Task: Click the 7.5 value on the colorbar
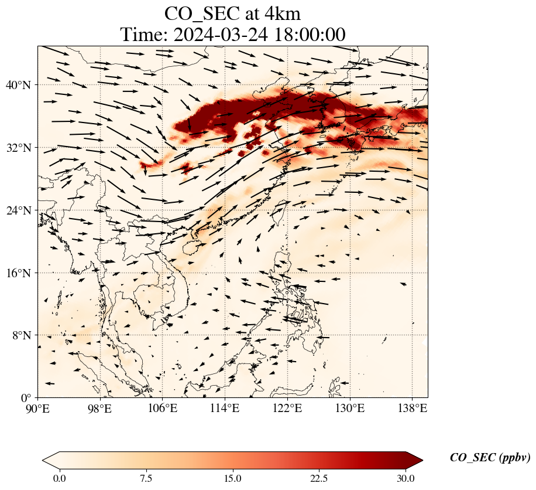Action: [x=146, y=478]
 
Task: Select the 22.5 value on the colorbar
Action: [x=319, y=478]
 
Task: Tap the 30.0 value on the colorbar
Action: [x=406, y=478]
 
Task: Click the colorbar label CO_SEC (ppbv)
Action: [x=490, y=458]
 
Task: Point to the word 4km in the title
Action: [x=280, y=13]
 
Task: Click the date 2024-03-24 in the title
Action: [x=220, y=35]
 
